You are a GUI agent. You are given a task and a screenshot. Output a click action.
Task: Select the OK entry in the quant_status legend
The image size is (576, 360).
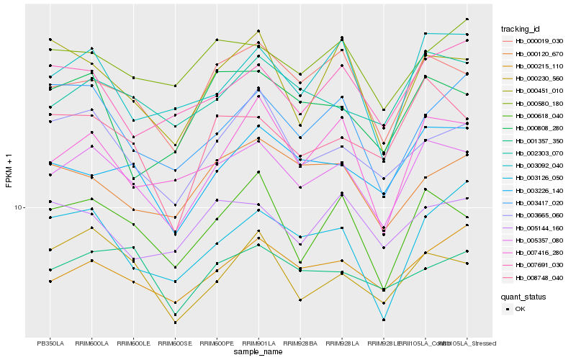521,309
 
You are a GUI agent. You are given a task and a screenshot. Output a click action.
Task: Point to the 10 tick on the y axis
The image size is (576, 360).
19,207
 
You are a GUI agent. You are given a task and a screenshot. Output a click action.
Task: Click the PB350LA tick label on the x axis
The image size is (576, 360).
50,343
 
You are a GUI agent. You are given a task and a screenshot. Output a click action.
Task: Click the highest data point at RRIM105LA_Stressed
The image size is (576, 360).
467,19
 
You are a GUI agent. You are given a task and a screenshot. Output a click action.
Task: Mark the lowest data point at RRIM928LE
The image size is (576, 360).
384,320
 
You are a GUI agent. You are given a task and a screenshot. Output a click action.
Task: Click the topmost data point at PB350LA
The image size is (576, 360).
50,39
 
